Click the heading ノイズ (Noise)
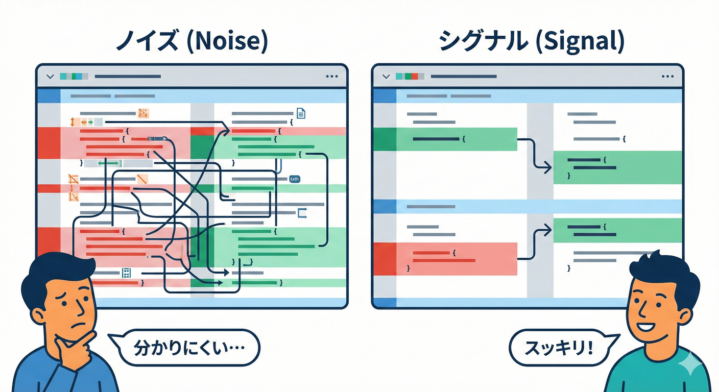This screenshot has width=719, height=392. tap(191, 42)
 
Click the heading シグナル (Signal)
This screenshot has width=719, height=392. tap(531, 42)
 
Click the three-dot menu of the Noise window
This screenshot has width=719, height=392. tap(331, 76)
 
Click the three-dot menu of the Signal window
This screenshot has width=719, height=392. tap(667, 76)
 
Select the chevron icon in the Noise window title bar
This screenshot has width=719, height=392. tap(50, 76)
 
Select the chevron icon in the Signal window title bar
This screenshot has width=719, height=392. tap(386, 76)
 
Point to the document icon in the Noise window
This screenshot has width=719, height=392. tap(301, 113)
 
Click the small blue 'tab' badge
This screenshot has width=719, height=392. tap(295, 179)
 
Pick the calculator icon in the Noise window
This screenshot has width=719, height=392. tap(126, 273)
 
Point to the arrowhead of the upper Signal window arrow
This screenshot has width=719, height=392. tap(547, 166)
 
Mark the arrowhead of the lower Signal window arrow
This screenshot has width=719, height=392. tap(547, 231)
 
